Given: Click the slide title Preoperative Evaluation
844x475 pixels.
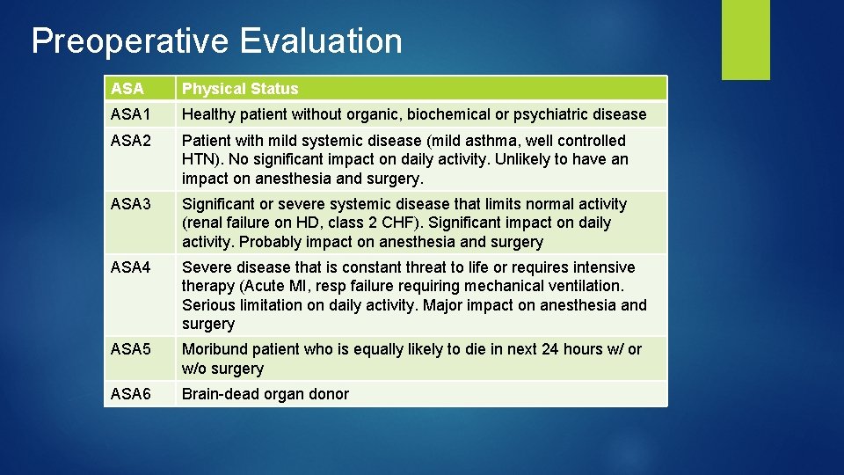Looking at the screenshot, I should [x=216, y=41].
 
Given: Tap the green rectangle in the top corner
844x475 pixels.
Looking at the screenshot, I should [x=746, y=40].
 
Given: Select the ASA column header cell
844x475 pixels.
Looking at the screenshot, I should [x=127, y=89].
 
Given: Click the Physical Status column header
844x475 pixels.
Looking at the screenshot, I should [x=240, y=89].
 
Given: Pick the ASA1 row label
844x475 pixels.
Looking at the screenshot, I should [x=132, y=114].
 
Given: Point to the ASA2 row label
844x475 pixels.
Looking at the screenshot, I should [x=132, y=141].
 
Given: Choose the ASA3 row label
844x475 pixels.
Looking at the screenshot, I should [x=132, y=204].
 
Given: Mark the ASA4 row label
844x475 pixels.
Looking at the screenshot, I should [x=132, y=267].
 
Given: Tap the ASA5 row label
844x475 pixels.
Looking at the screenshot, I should [x=132, y=349].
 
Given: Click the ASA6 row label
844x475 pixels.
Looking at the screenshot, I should [x=132, y=394].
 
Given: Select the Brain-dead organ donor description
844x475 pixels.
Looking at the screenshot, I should [x=265, y=394].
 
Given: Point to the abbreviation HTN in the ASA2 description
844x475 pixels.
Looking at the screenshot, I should [x=200, y=159].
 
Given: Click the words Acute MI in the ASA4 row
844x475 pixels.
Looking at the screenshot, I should [x=274, y=286].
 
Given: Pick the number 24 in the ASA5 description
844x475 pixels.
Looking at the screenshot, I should [x=550, y=349].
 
